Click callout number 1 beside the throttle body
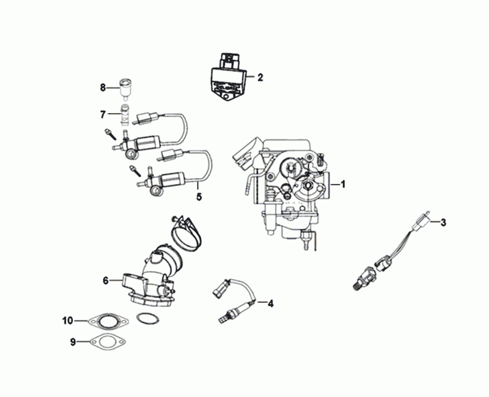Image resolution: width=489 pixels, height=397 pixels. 343,184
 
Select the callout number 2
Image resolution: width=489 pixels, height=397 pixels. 260,78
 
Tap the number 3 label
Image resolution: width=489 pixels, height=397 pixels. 444,221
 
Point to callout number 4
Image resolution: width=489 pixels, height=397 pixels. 270,302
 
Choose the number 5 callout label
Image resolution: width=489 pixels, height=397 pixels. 199,197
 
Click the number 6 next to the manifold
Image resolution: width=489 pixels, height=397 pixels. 106,281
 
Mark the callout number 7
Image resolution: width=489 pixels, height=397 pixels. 103,114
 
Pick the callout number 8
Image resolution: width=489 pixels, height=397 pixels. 103,87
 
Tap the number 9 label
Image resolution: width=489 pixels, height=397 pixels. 73,343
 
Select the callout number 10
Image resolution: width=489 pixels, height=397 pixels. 68,320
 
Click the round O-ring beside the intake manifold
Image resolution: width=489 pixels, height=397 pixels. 145,319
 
